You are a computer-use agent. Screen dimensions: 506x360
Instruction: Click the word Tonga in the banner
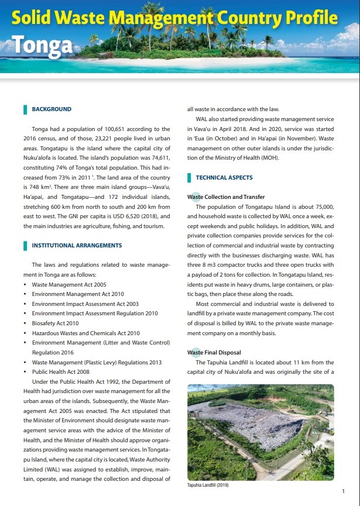(42, 45)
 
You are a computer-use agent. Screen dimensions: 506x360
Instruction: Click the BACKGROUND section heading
(52, 109)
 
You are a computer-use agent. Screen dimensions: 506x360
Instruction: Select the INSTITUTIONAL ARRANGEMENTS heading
(77, 245)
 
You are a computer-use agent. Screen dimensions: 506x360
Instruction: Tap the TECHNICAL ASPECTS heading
(224, 177)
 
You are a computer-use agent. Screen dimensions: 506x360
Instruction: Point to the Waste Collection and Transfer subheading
(226, 197)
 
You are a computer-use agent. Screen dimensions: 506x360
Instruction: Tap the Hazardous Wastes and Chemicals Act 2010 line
(85, 333)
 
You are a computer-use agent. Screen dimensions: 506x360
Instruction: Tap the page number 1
(342, 492)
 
